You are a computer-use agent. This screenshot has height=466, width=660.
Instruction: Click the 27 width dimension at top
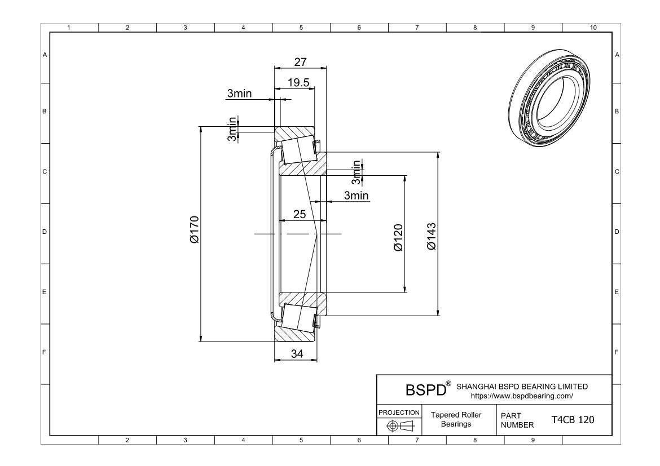tap(300, 62)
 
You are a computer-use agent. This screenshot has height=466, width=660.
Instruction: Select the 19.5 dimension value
tap(298, 83)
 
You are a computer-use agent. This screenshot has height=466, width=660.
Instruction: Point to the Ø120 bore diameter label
tap(398, 238)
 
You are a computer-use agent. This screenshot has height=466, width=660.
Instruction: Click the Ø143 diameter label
tap(432, 237)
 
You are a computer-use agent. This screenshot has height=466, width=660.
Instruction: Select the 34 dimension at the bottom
tap(297, 354)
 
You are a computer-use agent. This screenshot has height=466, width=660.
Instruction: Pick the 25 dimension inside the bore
tap(300, 214)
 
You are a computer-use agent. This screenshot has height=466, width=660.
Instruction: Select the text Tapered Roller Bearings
tap(456, 420)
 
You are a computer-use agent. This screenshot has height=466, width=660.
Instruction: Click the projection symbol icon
tap(398, 425)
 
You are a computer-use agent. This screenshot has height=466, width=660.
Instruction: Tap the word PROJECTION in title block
tap(399, 412)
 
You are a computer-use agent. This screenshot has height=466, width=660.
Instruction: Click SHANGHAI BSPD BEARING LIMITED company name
tap(521, 387)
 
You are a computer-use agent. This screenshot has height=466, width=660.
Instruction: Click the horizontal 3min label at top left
tap(239, 94)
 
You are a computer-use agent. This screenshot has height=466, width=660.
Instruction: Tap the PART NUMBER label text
tap(514, 420)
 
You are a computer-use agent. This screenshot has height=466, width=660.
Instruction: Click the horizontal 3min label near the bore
tap(356, 196)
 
